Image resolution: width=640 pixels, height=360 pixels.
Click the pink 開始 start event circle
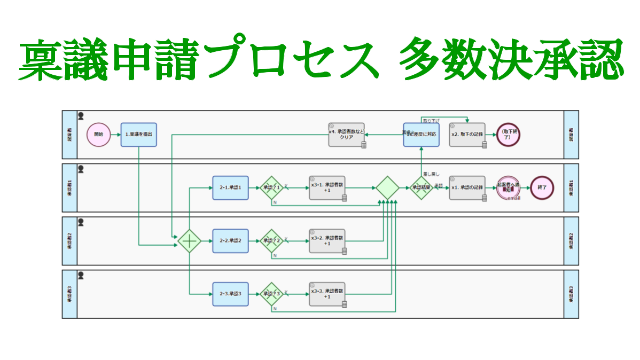(x=98, y=135)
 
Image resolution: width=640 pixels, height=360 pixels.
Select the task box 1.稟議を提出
(x=138, y=135)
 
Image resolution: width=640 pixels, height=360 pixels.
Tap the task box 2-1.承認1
(x=230, y=188)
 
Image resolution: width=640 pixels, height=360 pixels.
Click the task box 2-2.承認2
(x=230, y=241)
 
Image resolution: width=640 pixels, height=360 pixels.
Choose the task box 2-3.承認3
(x=230, y=294)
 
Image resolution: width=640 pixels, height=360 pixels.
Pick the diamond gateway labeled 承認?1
(x=271, y=188)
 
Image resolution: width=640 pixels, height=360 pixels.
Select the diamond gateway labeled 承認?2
(x=271, y=241)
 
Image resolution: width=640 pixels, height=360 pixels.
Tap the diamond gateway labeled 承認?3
(x=271, y=294)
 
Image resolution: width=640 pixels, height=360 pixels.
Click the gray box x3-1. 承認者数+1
(x=327, y=188)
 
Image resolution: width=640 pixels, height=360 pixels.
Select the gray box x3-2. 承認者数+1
(x=327, y=241)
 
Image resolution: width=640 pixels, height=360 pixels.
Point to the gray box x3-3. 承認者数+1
(x=327, y=294)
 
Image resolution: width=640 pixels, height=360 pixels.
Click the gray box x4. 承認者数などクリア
(x=346, y=135)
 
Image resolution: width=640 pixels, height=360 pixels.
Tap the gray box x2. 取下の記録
(x=467, y=135)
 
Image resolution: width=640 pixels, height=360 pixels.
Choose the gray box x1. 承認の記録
(x=467, y=188)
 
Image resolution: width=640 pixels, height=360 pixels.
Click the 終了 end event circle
(x=542, y=188)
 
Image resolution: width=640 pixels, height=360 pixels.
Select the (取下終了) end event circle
(x=508, y=135)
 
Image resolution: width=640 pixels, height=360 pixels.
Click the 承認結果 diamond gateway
(x=421, y=188)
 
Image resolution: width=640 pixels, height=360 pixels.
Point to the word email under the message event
(x=513, y=199)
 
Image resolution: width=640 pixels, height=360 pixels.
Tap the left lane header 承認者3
(x=69, y=294)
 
